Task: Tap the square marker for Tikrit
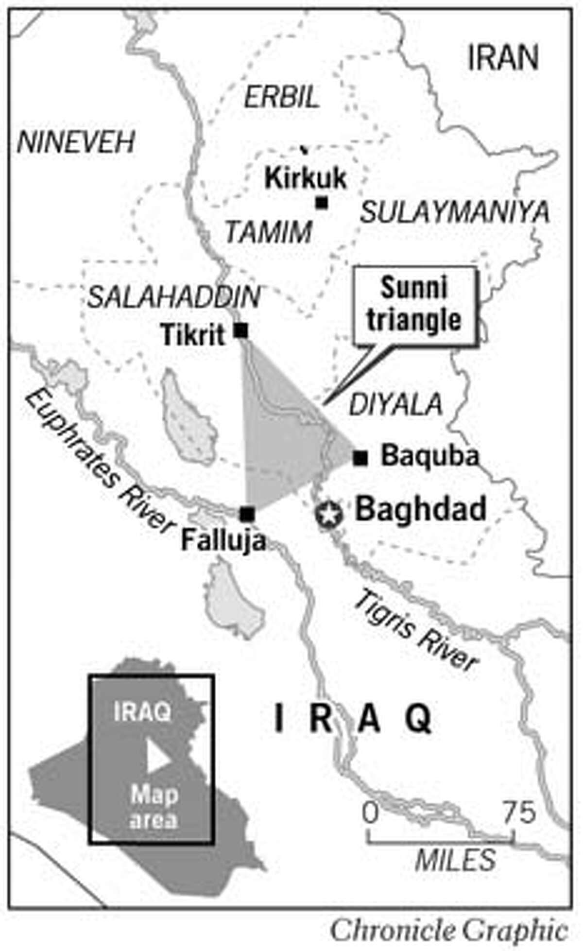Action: click(x=241, y=331)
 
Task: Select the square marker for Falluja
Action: click(x=247, y=513)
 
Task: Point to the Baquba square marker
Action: click(x=360, y=457)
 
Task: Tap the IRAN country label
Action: click(x=503, y=58)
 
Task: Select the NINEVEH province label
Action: click(x=75, y=143)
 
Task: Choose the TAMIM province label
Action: click(x=269, y=232)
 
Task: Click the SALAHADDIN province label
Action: click(x=173, y=297)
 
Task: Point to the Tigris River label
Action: click(x=416, y=632)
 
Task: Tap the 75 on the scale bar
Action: click(x=519, y=812)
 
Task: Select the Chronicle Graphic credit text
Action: click(x=449, y=929)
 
